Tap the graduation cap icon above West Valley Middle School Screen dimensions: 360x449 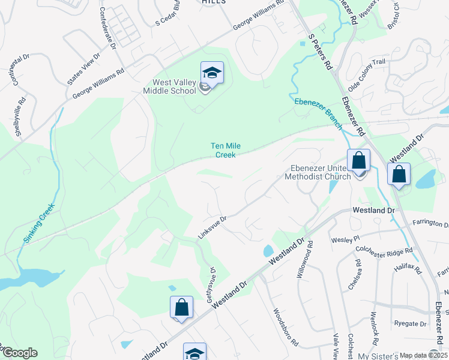click(x=212, y=73)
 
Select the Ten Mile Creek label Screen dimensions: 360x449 click(x=222, y=150)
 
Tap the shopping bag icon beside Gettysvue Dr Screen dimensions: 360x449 click(x=181, y=308)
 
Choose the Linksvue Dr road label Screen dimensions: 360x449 click(x=212, y=227)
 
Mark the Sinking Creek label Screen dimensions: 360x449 click(x=38, y=223)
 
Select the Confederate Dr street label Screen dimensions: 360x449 click(x=107, y=27)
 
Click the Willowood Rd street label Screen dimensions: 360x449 click(x=305, y=259)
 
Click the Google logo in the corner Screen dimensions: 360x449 click(x=19, y=353)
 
